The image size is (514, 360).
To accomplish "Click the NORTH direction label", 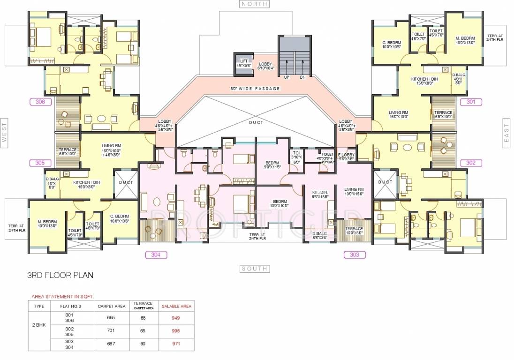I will click(x=255, y=4).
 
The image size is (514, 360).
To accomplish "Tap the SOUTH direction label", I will click(x=255, y=269).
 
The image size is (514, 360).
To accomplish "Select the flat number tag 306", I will click(x=40, y=101).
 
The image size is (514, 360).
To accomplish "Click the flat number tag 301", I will click(x=471, y=101).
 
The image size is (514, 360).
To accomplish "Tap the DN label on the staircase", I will click(x=302, y=77).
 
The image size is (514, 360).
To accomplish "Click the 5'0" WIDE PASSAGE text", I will click(x=255, y=88).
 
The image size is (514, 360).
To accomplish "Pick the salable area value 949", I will click(x=176, y=317).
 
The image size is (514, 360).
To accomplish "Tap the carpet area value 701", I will click(x=111, y=330).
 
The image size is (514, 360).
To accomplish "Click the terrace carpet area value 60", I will click(x=143, y=344).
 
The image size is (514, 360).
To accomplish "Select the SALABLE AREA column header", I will click(x=176, y=306).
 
